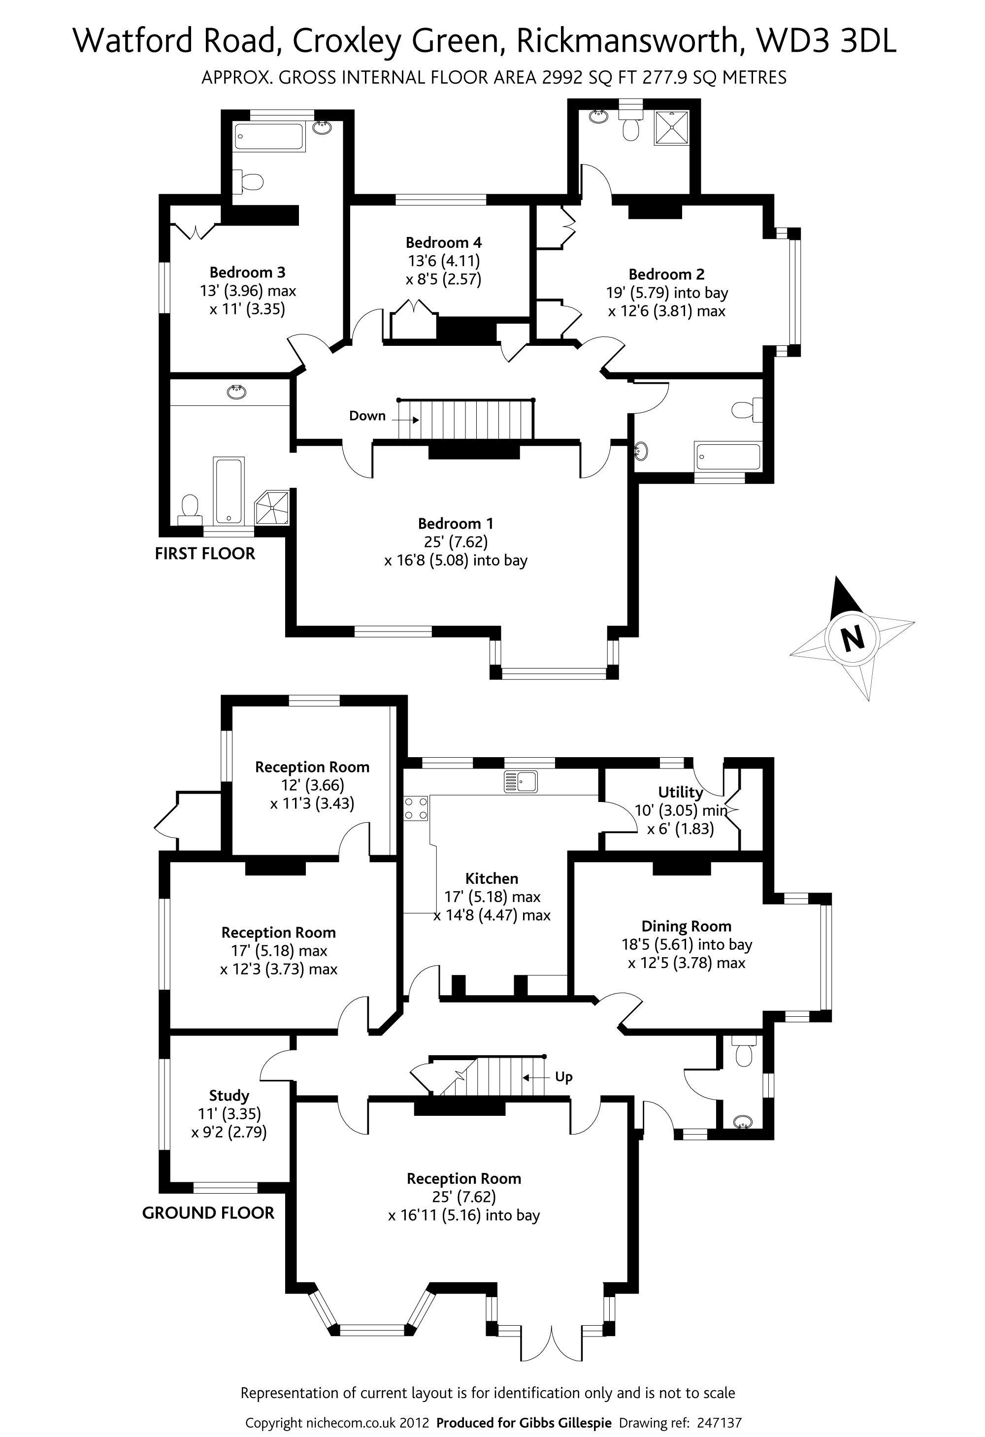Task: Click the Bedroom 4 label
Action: tap(443, 242)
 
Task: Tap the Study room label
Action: tap(229, 1096)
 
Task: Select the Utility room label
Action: tap(680, 792)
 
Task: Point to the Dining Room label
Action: tap(687, 926)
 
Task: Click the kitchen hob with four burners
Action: tap(416, 808)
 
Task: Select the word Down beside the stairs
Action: tap(367, 415)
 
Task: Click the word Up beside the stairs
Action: tap(563, 1077)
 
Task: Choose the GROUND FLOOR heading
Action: tap(208, 1213)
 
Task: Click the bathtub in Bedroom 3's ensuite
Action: tap(269, 136)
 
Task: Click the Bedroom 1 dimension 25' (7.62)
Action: tap(456, 542)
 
